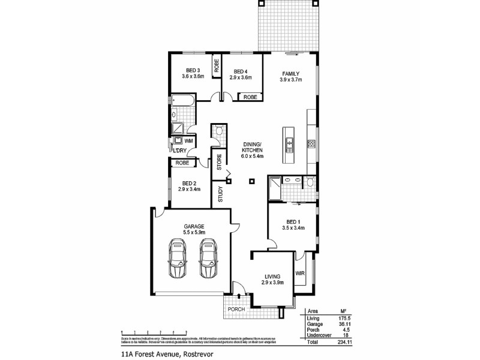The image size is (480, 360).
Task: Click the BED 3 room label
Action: point(193,70)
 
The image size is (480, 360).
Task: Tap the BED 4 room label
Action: point(241,70)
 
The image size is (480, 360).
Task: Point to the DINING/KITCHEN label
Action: point(253,145)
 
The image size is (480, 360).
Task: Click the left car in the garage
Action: point(178,259)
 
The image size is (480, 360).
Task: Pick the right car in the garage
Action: point(208,259)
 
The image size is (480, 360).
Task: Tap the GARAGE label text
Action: point(194,226)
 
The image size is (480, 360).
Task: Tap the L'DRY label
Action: point(179,150)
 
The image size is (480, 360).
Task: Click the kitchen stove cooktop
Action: point(311,143)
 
